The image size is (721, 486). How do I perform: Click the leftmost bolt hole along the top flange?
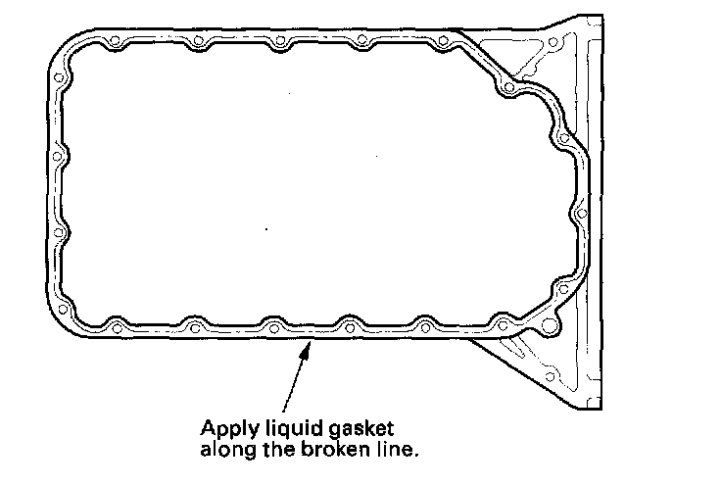pyautogui.click(x=116, y=42)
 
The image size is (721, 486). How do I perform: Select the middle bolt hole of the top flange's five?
pyautogui.click(x=280, y=42)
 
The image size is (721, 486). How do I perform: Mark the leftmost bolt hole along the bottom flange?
pyautogui.click(x=116, y=324)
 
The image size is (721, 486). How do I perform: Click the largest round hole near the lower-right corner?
pyautogui.click(x=550, y=324)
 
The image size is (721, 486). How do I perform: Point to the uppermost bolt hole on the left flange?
pyautogui.click(x=59, y=77)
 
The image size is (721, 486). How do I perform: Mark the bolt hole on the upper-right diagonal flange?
pyautogui.click(x=507, y=90)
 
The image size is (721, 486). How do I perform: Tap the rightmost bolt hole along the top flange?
pyautogui.click(x=446, y=42)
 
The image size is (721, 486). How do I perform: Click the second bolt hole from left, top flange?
pyautogui.click(x=198, y=42)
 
